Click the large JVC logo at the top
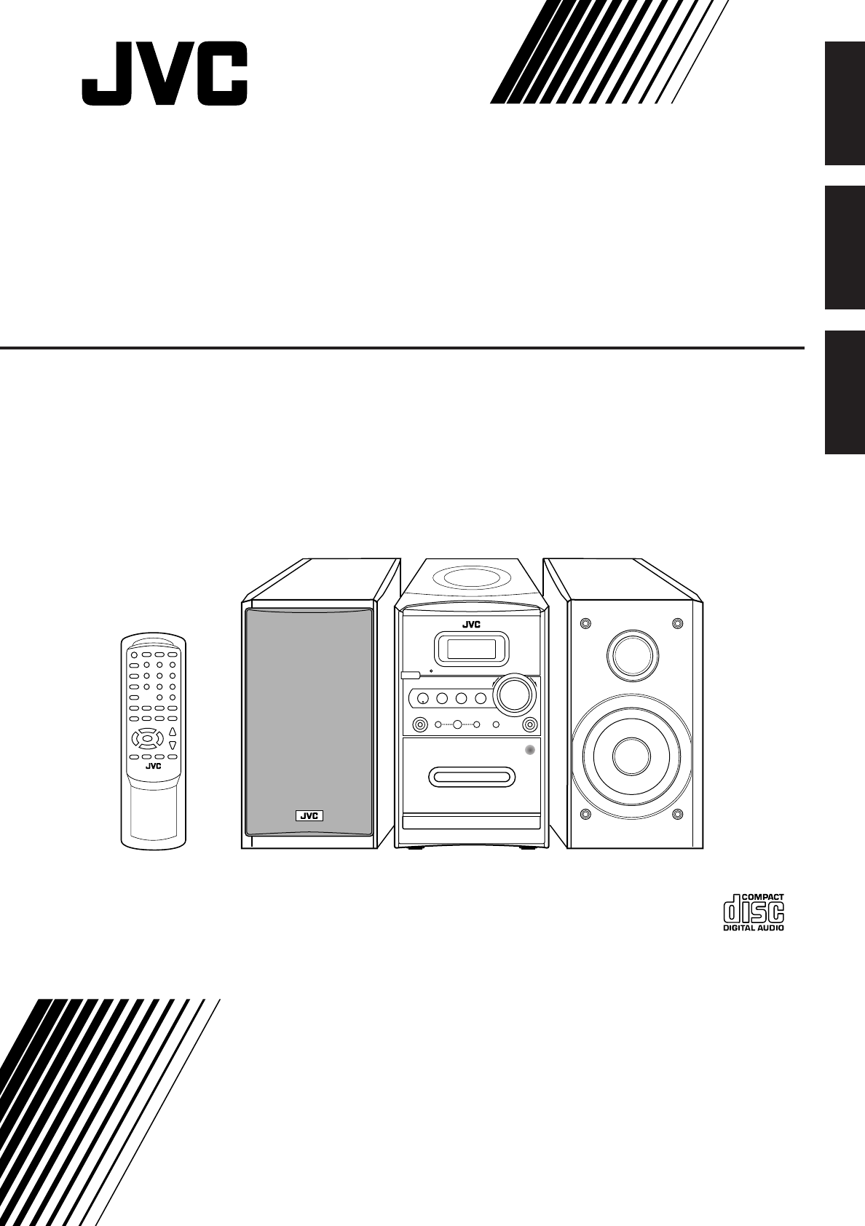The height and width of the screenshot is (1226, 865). click(x=164, y=74)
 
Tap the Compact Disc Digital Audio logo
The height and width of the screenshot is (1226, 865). click(x=754, y=911)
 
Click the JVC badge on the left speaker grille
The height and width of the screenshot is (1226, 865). click(x=309, y=815)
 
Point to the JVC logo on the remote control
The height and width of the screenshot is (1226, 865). click(x=152, y=765)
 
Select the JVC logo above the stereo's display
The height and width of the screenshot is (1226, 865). click(x=471, y=624)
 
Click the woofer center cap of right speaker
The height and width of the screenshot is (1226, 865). click(x=631, y=756)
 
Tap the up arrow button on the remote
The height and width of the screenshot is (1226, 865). click(x=173, y=731)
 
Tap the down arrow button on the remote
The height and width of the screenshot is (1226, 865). click(x=173, y=746)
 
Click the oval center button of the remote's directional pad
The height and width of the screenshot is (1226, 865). click(x=147, y=738)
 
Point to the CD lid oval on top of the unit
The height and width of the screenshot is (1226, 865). click(x=471, y=578)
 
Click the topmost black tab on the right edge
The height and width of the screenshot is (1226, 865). click(x=845, y=104)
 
